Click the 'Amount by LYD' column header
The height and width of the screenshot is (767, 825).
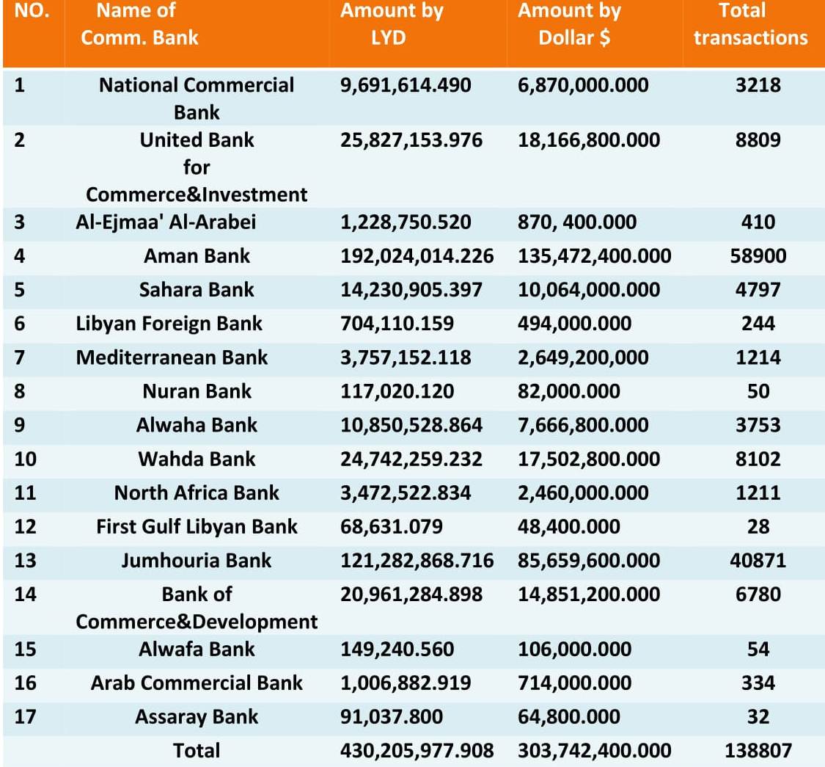click(392, 24)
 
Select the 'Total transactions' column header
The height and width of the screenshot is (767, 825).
click(750, 24)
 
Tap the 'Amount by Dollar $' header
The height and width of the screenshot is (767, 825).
click(570, 24)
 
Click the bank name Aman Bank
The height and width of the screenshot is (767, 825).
click(197, 256)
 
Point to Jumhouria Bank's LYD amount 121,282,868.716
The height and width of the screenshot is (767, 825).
click(417, 561)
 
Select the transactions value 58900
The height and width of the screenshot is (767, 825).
click(758, 256)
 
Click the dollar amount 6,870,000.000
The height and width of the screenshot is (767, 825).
click(583, 85)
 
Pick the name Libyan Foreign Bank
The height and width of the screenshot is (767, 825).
click(169, 324)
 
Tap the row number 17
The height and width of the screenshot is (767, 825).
click(25, 717)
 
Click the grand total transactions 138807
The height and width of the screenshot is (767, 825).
click(758, 751)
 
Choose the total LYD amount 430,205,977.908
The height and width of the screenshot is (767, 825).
click(417, 751)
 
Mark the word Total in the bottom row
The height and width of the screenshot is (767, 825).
click(197, 751)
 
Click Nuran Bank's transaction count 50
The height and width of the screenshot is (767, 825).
click(758, 391)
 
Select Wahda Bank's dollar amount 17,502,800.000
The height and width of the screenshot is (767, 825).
click(589, 459)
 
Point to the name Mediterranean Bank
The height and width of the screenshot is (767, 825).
click(172, 357)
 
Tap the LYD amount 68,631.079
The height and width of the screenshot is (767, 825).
click(392, 527)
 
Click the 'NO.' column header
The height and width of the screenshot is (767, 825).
click(32, 10)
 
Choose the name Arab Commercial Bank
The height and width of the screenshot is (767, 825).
click(197, 683)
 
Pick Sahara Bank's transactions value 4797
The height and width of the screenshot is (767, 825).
click(758, 290)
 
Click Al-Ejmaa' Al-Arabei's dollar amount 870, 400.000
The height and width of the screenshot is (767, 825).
click(577, 222)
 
